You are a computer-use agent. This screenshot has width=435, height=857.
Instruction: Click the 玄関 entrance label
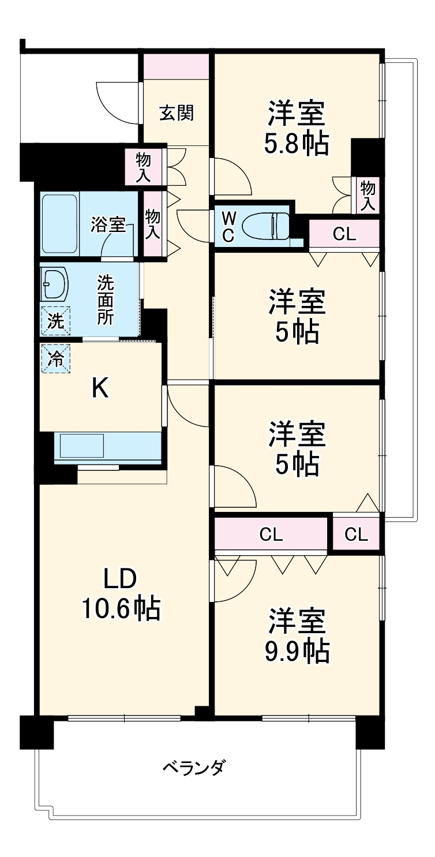[176, 113]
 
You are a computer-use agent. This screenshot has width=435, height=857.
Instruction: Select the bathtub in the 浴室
[59, 224]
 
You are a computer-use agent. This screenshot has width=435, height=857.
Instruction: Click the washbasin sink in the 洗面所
[54, 283]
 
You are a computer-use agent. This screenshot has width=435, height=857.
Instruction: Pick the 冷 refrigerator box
[55, 358]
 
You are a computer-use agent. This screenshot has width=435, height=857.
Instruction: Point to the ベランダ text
[193, 768]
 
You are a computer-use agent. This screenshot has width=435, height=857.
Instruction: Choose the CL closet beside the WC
[344, 234]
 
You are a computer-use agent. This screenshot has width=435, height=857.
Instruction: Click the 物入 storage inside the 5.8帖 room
[367, 195]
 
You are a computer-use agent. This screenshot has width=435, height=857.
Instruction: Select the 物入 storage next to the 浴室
[152, 224]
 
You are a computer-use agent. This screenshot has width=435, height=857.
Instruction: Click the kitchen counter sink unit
[107, 447]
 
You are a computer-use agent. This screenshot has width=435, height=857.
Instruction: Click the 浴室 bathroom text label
[108, 225]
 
